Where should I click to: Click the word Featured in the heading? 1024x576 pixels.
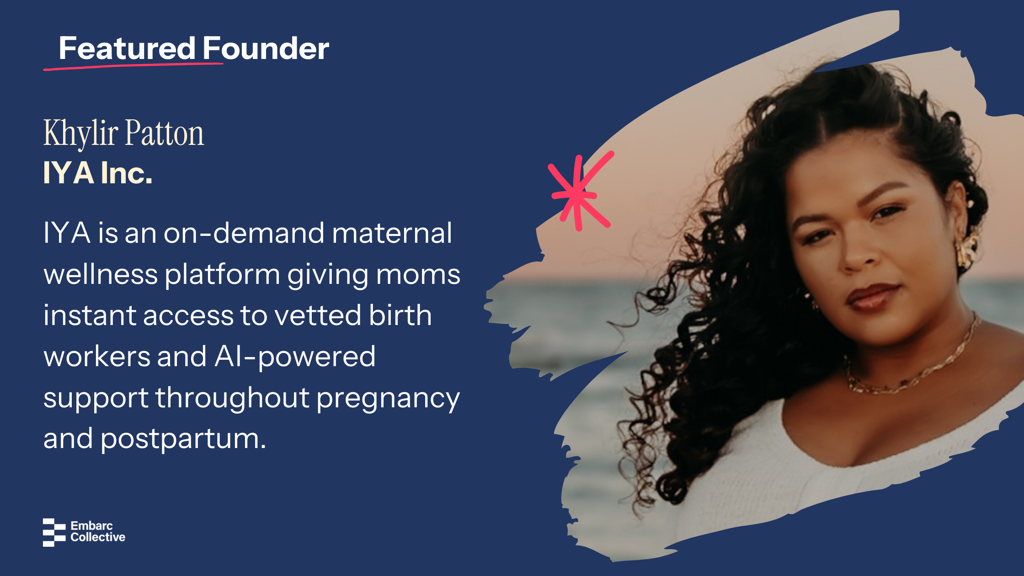[x=128, y=48]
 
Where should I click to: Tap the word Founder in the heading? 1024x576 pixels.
[x=266, y=48]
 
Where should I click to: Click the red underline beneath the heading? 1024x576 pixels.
[x=133, y=66]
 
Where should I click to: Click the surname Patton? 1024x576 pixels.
[x=165, y=133]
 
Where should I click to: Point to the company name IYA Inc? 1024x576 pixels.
[x=98, y=173]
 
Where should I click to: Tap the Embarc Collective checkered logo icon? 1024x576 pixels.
[x=54, y=532]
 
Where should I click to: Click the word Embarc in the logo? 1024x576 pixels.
[x=91, y=526]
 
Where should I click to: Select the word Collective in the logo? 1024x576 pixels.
[x=98, y=537]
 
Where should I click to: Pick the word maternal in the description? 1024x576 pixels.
[x=392, y=233]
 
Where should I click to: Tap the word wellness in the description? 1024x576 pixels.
[x=101, y=274]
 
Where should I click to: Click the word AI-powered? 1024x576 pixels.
[x=295, y=357]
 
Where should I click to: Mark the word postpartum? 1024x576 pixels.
[x=183, y=439]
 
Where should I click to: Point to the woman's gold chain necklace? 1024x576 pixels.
[x=910, y=366]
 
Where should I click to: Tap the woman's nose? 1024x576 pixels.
[x=859, y=254]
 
